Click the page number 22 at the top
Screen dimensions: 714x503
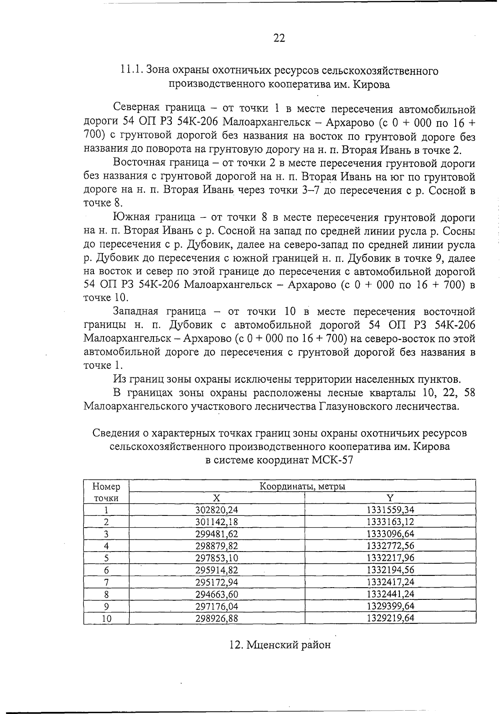click(279, 39)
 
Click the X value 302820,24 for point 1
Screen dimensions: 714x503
click(217, 510)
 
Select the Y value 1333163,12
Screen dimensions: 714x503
click(390, 522)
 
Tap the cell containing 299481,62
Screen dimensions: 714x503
click(217, 534)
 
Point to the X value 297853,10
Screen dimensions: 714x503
click(217, 558)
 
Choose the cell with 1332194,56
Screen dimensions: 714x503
click(390, 570)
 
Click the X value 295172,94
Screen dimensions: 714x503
click(217, 582)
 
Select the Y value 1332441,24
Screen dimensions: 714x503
click(390, 594)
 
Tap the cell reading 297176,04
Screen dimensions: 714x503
click(217, 606)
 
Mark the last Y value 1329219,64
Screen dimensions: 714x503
click(390, 618)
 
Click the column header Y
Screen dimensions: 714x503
click(390, 498)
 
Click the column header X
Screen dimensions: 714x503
click(216, 498)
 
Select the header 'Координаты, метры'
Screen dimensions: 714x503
click(302, 486)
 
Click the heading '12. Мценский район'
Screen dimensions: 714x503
click(280, 644)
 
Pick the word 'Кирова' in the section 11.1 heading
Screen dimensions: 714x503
click(371, 84)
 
